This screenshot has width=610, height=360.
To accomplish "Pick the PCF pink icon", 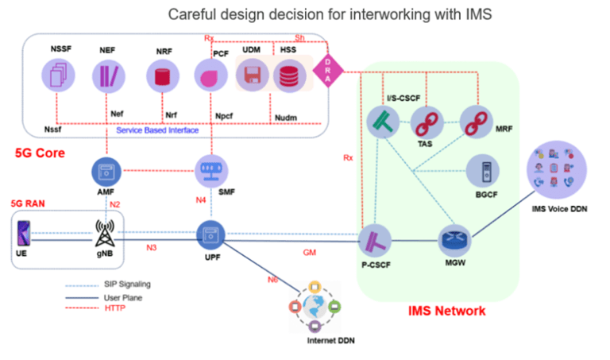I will (x=211, y=78).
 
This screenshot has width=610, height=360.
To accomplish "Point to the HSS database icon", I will (x=288, y=78).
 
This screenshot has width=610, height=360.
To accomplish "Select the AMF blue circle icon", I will (x=106, y=171).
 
